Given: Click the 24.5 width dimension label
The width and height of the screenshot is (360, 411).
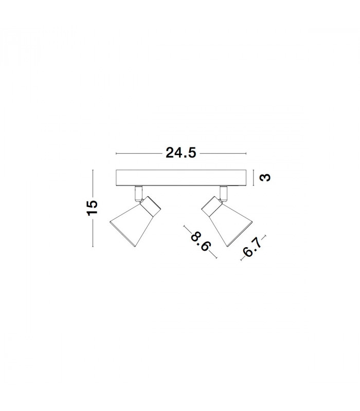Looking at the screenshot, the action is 181,153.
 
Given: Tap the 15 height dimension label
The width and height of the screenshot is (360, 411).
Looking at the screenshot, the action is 93,209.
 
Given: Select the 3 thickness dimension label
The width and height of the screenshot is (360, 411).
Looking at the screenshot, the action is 265,178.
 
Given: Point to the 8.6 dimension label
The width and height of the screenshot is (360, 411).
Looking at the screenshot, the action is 201,241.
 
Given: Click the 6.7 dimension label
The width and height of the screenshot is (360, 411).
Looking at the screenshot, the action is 252,247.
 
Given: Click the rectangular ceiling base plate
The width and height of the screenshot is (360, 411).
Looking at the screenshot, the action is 181,178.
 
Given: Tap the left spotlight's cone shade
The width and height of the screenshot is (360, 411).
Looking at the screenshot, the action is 131,225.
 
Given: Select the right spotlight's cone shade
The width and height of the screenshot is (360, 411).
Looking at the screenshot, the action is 231,225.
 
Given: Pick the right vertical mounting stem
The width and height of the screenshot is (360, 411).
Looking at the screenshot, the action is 224,194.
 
